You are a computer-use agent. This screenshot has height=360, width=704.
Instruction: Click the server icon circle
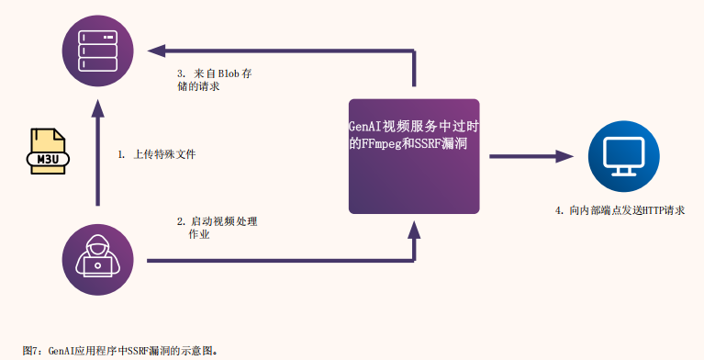(97, 51)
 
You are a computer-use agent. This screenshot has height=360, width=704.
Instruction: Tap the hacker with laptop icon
(97, 260)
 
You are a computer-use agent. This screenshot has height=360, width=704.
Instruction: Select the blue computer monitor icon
(623, 156)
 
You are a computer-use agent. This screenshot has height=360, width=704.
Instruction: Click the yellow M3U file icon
(48, 152)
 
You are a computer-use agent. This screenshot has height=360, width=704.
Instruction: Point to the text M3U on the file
(48, 159)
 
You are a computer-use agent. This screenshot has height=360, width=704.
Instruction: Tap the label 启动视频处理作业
(217, 228)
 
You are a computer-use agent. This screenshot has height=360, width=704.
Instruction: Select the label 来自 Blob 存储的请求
(214, 80)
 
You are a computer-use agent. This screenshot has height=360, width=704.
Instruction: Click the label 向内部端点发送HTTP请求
(620, 210)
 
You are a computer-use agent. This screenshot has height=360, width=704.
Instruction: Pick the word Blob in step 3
(228, 73)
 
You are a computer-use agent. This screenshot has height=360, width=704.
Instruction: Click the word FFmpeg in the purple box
(382, 144)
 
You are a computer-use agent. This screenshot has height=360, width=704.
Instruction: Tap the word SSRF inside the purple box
(426, 143)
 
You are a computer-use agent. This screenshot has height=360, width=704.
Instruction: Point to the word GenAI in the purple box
(365, 127)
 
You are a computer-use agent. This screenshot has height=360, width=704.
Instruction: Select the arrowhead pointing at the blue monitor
(564, 156)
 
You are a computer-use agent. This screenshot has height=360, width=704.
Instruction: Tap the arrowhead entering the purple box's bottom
(414, 230)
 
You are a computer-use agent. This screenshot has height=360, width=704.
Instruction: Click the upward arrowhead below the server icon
(97, 108)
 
